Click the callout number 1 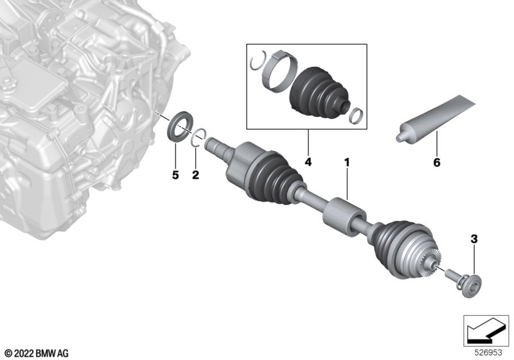[x=347, y=162]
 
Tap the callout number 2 [x=195, y=175]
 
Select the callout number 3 [x=474, y=239]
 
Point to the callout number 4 [x=308, y=162]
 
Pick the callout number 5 [x=175, y=175]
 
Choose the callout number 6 [x=437, y=162]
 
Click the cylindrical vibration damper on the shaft [x=344, y=217]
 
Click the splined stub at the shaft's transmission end [x=217, y=147]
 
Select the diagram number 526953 [x=488, y=352]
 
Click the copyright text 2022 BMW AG [x=37, y=354]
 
